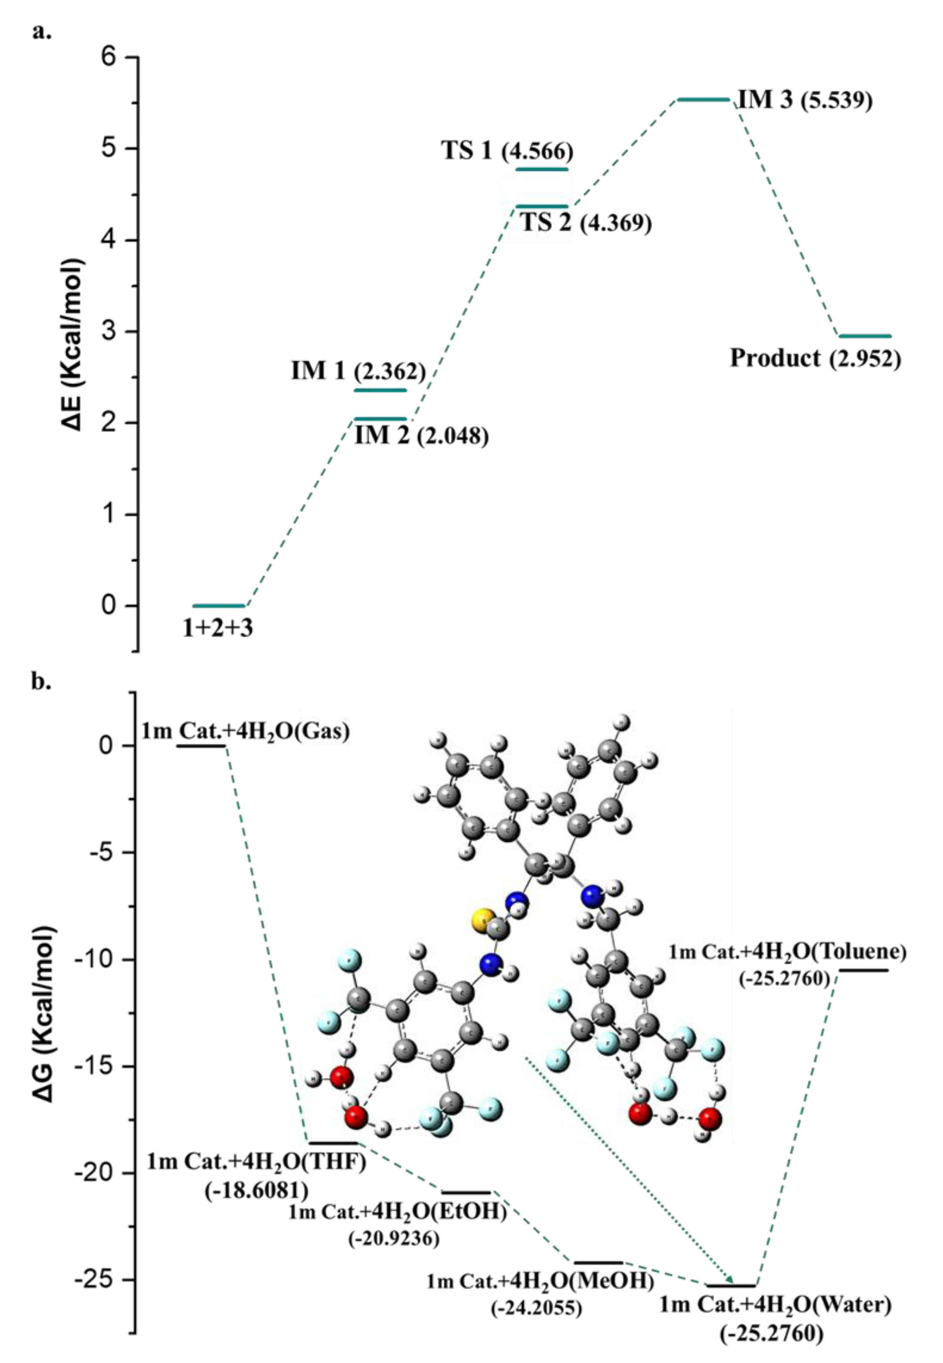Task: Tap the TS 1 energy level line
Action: pos(542,169)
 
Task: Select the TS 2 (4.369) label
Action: pos(586,223)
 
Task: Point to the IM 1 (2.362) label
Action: pos(358,371)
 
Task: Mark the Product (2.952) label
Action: pos(815,358)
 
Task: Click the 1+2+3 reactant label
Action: pos(217,628)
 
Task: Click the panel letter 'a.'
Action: pos(41,31)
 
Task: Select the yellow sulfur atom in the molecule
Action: pos(483,920)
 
